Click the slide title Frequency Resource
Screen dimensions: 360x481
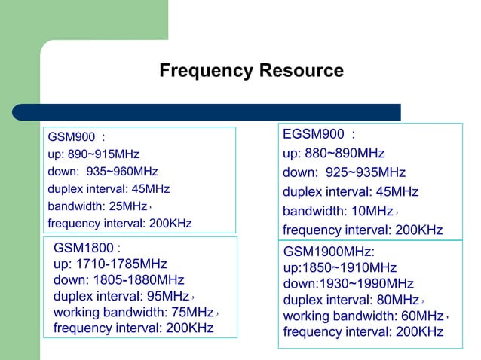pos(251,72)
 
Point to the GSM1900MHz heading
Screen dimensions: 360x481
pos(329,251)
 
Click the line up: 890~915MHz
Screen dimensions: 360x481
pos(93,154)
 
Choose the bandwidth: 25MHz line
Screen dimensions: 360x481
pos(98,206)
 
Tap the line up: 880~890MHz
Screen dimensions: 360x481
pos(334,154)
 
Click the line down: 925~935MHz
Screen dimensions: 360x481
pos(344,172)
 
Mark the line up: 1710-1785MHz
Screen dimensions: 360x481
pos(110,264)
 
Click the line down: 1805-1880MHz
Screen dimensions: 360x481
pos(118,280)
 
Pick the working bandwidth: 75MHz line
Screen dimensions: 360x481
pos(133,313)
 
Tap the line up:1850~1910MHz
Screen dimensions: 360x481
pos(339,267)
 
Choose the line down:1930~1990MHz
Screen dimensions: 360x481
pos(348,283)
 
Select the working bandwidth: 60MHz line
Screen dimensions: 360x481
pos(363,316)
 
